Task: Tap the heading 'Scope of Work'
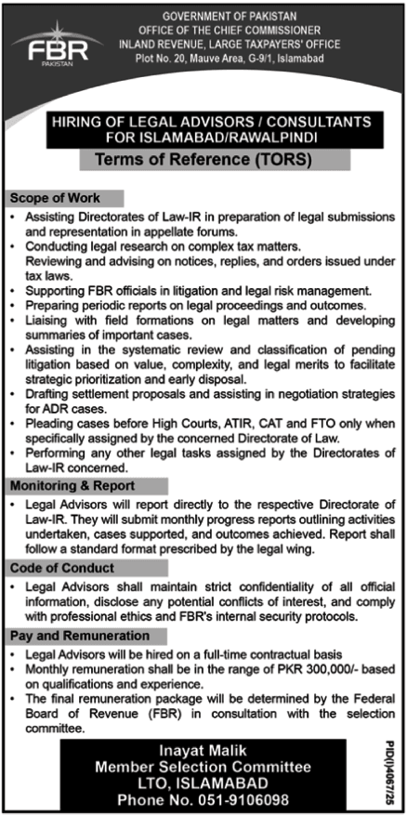53,199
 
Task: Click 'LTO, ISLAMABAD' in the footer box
203,782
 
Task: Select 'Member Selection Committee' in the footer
203,768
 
